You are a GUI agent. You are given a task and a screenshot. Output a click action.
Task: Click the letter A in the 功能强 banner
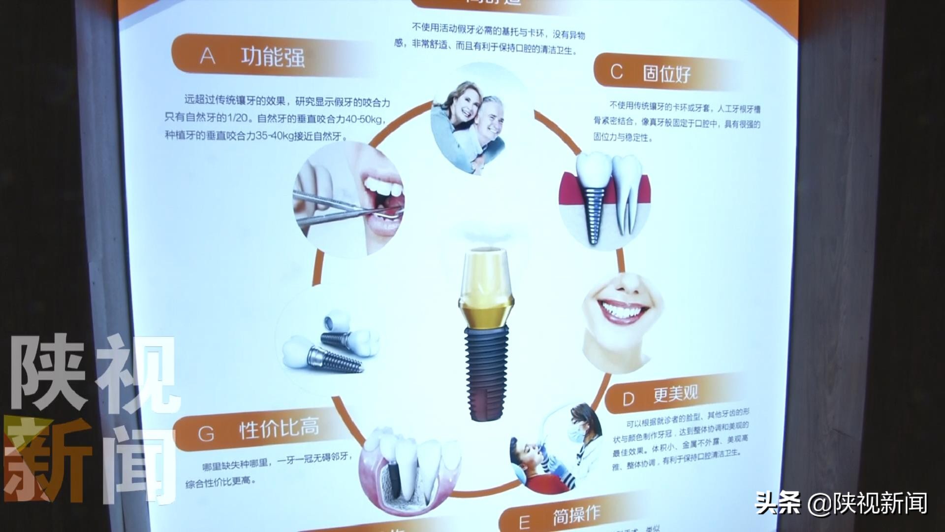(x=208, y=57)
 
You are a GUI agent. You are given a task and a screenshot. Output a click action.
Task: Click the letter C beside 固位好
(x=616, y=72)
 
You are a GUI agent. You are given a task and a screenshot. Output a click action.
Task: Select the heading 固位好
(x=667, y=74)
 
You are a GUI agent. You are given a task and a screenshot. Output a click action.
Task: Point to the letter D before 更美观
(x=629, y=399)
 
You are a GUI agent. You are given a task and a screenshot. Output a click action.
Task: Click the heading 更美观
(x=675, y=394)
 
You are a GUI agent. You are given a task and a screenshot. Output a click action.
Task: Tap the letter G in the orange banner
(x=206, y=434)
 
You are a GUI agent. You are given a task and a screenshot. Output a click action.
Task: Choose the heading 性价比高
(x=279, y=428)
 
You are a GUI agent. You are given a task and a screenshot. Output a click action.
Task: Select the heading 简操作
(x=576, y=515)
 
